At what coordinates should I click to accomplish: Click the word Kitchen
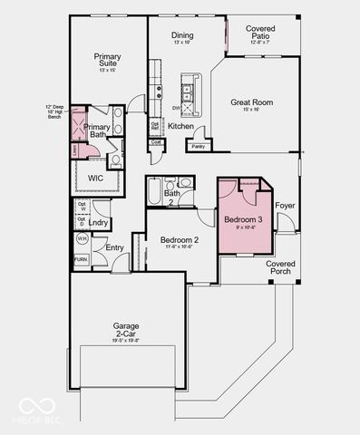[180, 126]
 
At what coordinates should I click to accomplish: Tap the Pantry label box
[199, 145]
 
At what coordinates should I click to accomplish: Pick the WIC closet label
[95, 178]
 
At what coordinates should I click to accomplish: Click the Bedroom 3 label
[242, 220]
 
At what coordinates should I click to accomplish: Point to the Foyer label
[285, 206]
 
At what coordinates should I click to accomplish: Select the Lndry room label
[99, 222]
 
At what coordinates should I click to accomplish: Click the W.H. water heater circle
[82, 239]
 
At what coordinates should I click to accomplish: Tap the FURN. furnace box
[82, 259]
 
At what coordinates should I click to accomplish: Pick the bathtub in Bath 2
[155, 192]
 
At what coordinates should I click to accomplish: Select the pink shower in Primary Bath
[80, 122]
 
